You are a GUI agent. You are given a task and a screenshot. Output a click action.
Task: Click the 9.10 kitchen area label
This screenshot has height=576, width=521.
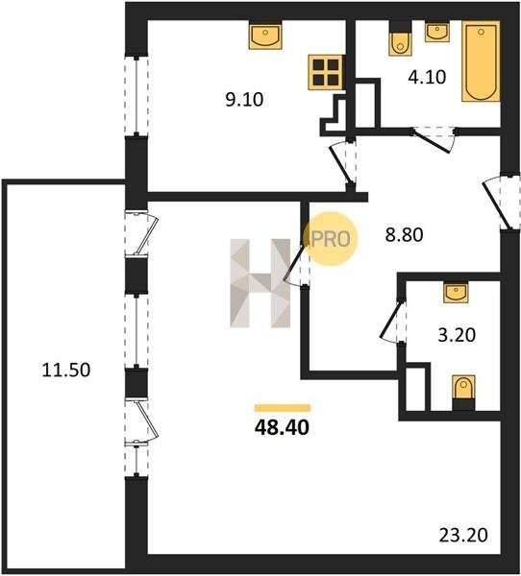(x=245, y=100)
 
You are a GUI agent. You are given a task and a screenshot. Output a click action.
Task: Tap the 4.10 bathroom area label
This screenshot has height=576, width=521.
(x=427, y=77)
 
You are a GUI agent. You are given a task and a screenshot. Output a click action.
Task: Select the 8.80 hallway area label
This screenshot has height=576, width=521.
(x=404, y=235)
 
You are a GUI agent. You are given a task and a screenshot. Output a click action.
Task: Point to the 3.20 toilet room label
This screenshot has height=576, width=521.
(x=457, y=335)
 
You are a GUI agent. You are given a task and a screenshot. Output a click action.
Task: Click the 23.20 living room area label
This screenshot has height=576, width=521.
(x=463, y=536)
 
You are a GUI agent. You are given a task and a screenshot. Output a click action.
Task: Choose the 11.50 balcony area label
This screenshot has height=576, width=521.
(x=66, y=370)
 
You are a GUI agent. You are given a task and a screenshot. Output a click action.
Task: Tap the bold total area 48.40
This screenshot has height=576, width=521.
(x=283, y=427)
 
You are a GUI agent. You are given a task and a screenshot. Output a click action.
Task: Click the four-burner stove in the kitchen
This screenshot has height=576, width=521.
(x=326, y=72)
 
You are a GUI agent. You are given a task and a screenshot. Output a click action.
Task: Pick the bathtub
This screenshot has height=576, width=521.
(x=481, y=61)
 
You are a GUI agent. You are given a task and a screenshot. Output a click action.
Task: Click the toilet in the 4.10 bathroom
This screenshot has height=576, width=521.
(x=400, y=40)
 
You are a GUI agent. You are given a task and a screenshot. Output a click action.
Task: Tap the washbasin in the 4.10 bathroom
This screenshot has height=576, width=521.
(x=437, y=32)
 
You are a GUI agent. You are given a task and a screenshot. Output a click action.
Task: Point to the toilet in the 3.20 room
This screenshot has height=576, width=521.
(x=463, y=393)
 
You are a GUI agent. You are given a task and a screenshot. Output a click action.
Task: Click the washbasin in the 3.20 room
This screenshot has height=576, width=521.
(x=456, y=292)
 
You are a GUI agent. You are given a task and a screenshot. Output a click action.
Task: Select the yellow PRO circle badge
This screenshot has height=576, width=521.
(x=331, y=239)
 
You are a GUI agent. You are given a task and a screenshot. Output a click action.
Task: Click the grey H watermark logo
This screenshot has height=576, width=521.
(x=260, y=283)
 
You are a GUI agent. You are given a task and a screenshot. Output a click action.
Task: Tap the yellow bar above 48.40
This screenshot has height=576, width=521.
(x=283, y=408)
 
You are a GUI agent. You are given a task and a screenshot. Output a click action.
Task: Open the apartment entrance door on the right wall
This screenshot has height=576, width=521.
(x=501, y=204)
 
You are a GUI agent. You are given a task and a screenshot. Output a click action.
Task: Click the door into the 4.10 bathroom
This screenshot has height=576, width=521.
(x=434, y=139)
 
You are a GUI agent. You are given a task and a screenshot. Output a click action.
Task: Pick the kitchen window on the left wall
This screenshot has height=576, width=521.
(x=136, y=95)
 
